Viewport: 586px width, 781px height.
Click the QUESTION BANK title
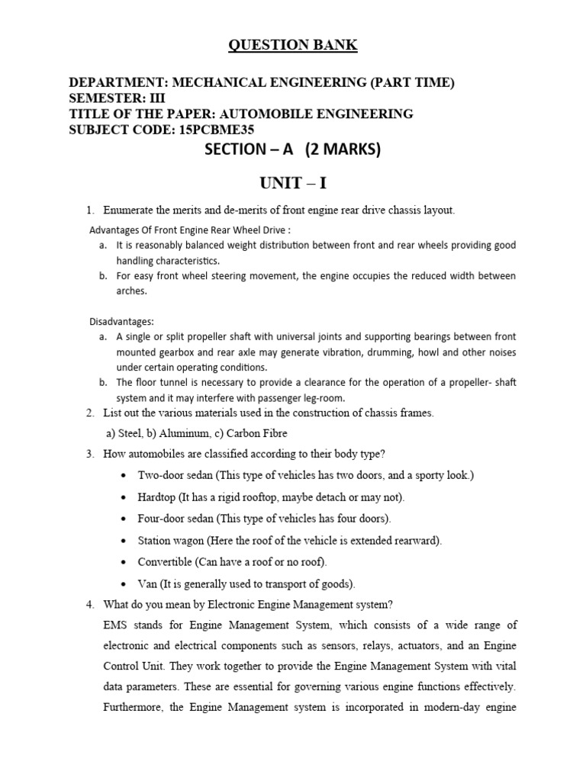coord(293,46)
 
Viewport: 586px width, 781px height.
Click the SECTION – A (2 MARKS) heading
coord(293,150)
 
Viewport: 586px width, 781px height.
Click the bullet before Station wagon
coord(124,541)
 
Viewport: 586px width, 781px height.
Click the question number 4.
coord(89,605)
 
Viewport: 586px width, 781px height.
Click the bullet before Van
coord(124,584)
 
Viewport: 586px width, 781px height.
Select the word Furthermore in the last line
coord(133,707)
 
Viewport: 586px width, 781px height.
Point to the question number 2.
coord(89,413)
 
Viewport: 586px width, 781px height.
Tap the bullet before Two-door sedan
coord(124,476)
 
